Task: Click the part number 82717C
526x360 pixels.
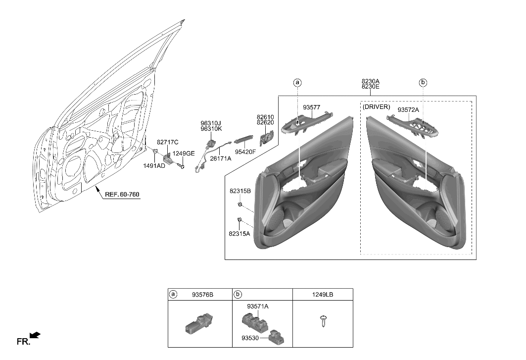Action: (x=167, y=142)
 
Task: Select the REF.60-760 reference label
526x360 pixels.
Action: (x=122, y=195)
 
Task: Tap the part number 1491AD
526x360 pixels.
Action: (x=154, y=166)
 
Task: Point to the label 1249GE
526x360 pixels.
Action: (x=184, y=154)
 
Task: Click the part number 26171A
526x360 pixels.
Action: (x=221, y=158)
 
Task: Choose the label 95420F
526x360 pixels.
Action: (x=245, y=152)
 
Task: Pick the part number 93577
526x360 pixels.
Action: (x=312, y=107)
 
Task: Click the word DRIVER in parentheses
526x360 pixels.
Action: (x=377, y=107)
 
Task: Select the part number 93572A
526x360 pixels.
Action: (x=408, y=109)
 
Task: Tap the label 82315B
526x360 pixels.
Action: (x=240, y=191)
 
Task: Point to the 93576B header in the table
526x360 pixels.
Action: (x=202, y=294)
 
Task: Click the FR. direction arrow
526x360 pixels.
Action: (x=35, y=336)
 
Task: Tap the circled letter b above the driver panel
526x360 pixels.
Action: (x=423, y=83)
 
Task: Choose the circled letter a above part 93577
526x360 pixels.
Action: (x=297, y=83)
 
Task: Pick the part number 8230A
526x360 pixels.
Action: (x=370, y=81)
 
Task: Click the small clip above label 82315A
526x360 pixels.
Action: (x=239, y=220)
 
